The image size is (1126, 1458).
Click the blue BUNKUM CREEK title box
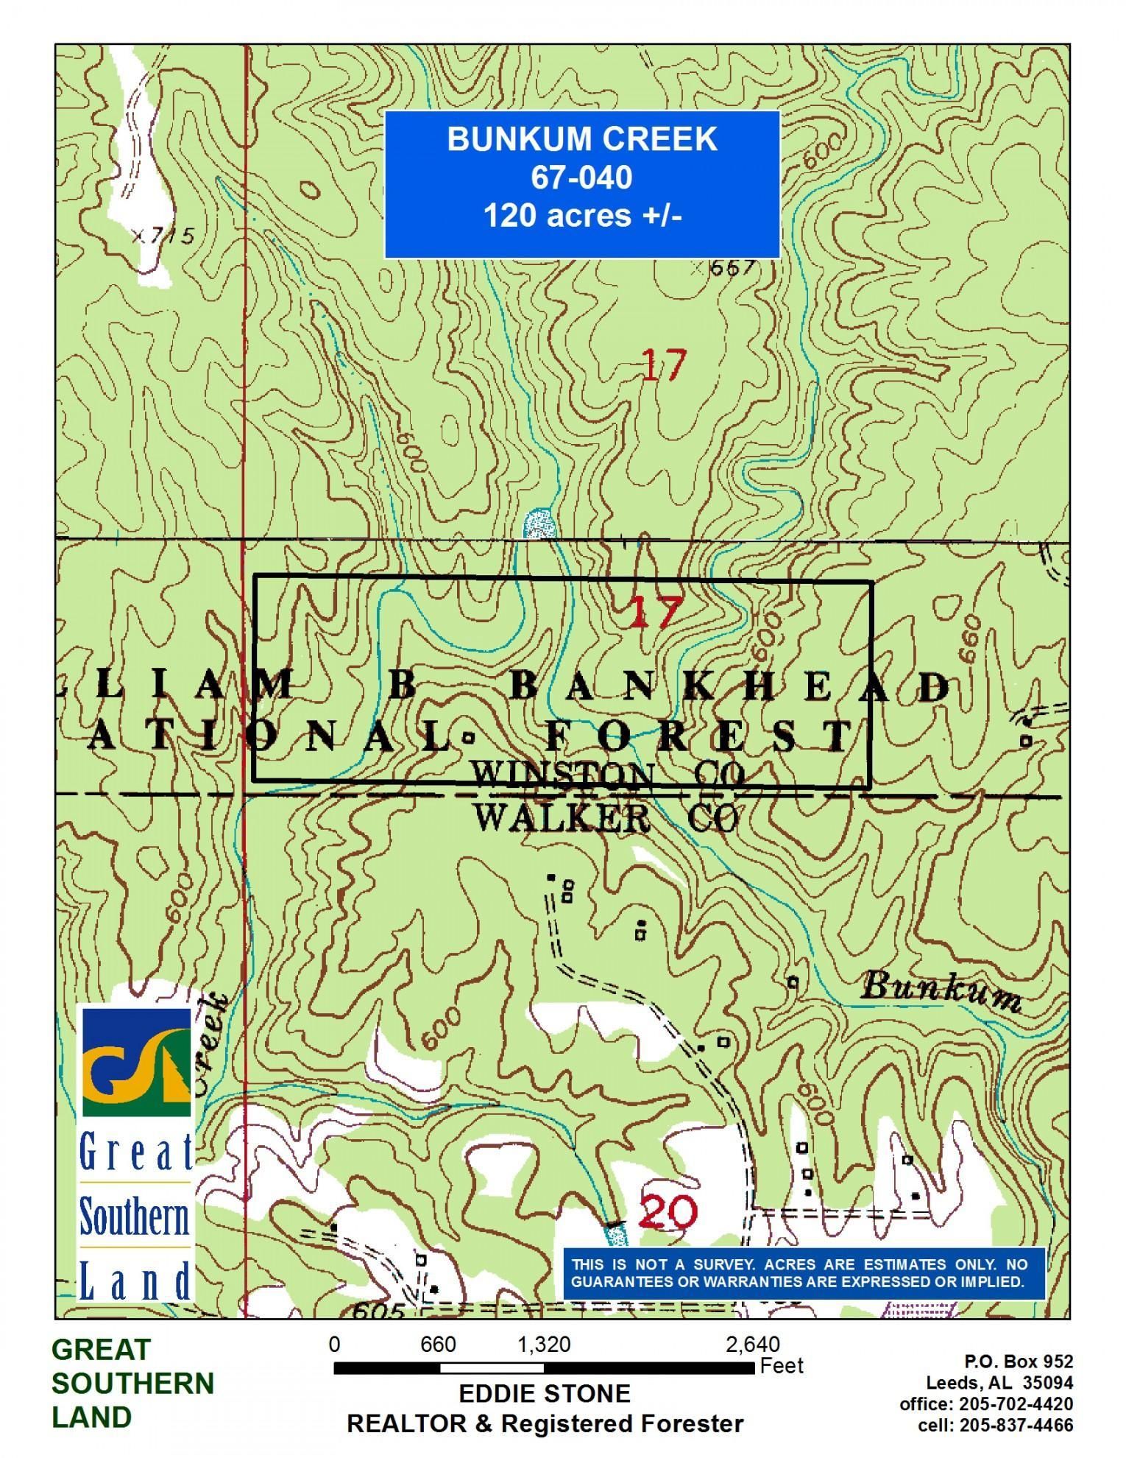tap(582, 184)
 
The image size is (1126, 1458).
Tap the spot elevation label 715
tap(169, 236)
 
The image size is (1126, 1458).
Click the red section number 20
tap(667, 1211)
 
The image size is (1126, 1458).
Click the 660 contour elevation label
tap(971, 649)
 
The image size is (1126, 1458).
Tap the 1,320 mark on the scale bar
tap(544, 1345)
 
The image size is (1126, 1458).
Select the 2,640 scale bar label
tap(752, 1345)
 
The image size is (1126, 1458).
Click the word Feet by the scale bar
tap(782, 1366)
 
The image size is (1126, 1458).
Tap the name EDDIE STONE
tap(545, 1393)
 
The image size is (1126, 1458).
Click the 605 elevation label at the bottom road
tap(378, 1311)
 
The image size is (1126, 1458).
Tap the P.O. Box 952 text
tap(1019, 1361)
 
